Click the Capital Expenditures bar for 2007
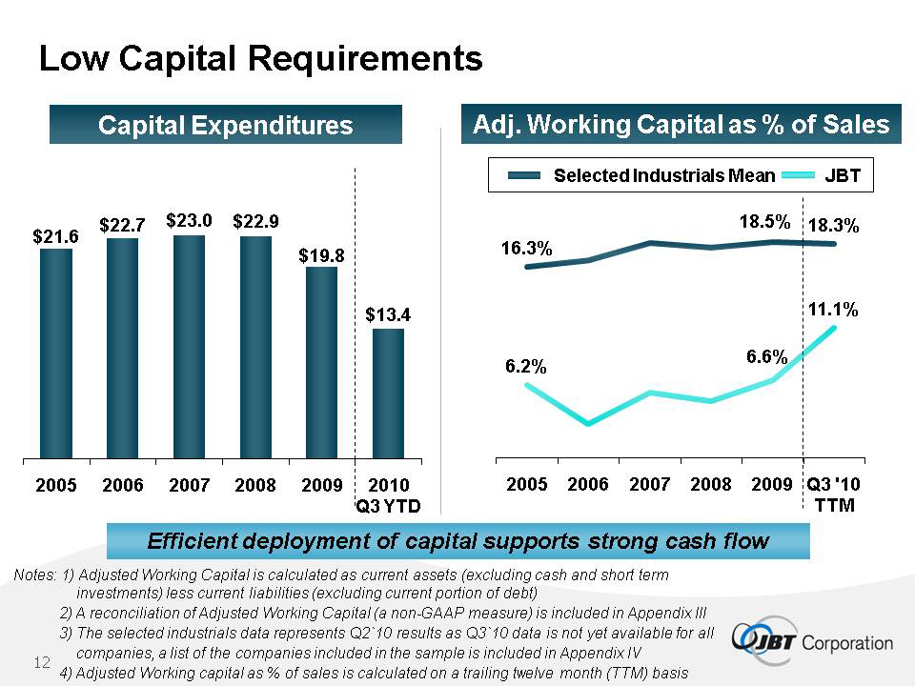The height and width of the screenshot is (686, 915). click(189, 347)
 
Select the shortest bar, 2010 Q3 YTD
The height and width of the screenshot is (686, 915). click(388, 393)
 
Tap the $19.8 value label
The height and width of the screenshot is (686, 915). click(321, 256)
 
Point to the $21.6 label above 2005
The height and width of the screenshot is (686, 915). click(55, 237)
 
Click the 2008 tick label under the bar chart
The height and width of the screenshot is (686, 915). click(255, 485)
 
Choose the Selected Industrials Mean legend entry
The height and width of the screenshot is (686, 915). click(641, 175)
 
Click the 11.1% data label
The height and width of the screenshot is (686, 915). click(833, 309)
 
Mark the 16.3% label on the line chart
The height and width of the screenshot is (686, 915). click(526, 249)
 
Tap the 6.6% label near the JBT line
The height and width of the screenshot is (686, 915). click(766, 356)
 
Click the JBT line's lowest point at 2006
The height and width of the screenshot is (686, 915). click(588, 423)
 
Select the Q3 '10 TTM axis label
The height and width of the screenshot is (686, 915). click(834, 494)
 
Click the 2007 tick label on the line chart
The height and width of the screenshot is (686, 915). click(649, 484)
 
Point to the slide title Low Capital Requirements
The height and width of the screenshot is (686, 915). click(261, 58)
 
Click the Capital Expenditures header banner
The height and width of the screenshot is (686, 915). click(226, 124)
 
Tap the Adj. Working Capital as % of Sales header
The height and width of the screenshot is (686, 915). click(681, 124)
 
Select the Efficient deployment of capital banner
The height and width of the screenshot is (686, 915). click(458, 541)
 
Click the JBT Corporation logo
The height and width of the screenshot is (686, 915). click(812, 642)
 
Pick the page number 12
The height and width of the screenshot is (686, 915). click(42, 662)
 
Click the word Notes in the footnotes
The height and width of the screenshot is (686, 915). click(34, 575)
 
